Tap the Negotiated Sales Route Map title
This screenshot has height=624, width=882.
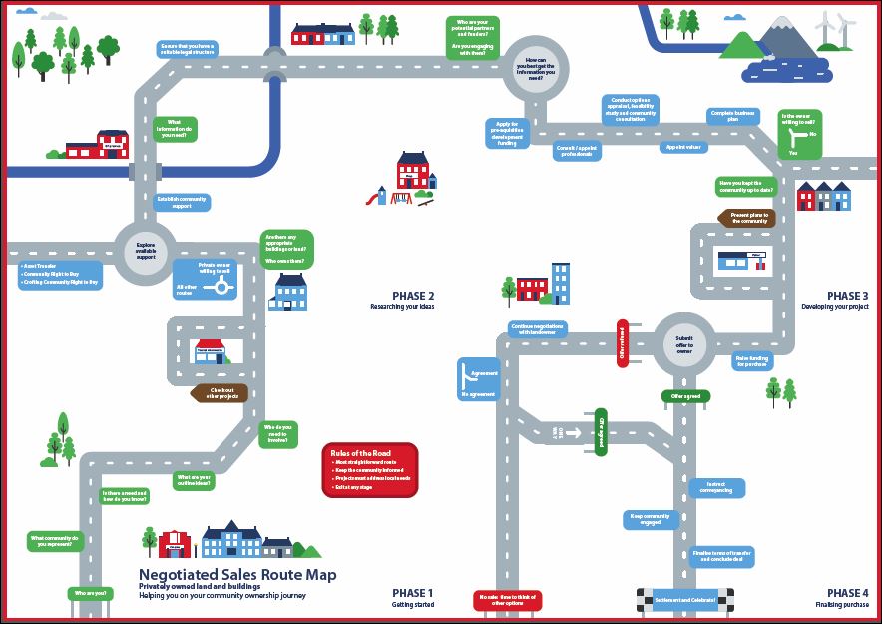click(237, 575)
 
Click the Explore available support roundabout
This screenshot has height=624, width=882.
click(145, 250)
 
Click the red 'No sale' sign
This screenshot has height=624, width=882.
click(508, 599)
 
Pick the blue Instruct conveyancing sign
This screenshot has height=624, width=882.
click(715, 487)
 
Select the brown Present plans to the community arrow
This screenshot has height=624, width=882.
click(753, 217)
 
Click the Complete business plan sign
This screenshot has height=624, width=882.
click(731, 116)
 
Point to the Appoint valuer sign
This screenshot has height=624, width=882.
click(681, 147)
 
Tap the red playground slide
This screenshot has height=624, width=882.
click(374, 197)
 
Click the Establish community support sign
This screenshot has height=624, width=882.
click(181, 203)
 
